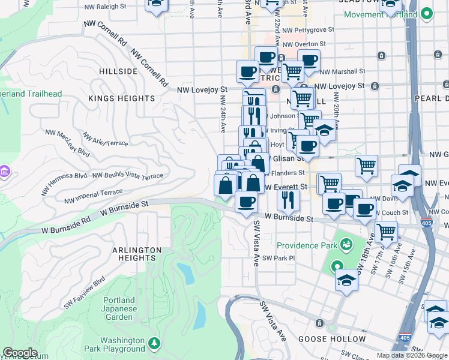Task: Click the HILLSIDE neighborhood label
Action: [x=118, y=71]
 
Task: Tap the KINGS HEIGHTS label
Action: [x=122, y=98]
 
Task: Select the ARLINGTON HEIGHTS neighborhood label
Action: [x=136, y=254]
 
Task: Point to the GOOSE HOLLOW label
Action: [x=332, y=339]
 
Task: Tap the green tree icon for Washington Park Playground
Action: [x=155, y=343]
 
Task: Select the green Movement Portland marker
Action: [x=427, y=13]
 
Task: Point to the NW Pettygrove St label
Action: [x=303, y=28]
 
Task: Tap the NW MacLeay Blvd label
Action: [x=73, y=145]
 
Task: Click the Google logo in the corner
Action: [x=20, y=353]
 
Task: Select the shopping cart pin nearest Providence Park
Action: [x=386, y=230]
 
